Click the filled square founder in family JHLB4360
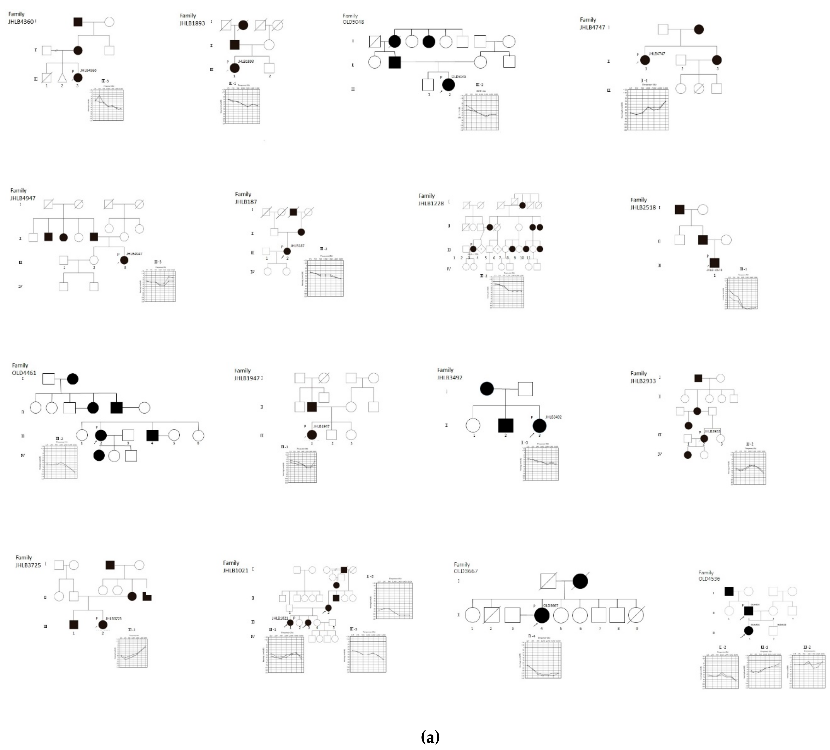(x=78, y=22)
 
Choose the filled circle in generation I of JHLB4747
(x=699, y=29)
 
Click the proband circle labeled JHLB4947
(x=124, y=260)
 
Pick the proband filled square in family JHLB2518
(x=714, y=263)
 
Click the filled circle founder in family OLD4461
(x=72, y=379)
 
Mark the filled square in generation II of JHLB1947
(x=312, y=407)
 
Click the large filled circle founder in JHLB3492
(x=487, y=388)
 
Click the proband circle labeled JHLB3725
(x=102, y=624)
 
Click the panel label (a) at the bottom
(x=430, y=737)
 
